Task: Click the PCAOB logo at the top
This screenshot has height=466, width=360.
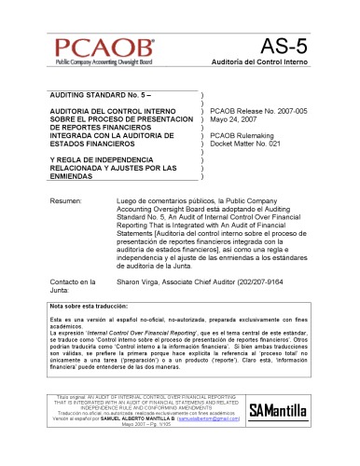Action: [x=102, y=50]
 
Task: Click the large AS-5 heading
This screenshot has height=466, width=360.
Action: [x=285, y=48]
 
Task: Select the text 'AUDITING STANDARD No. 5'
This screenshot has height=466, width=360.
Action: [x=88, y=96]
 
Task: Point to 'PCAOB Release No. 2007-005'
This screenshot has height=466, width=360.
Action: [x=259, y=110]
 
